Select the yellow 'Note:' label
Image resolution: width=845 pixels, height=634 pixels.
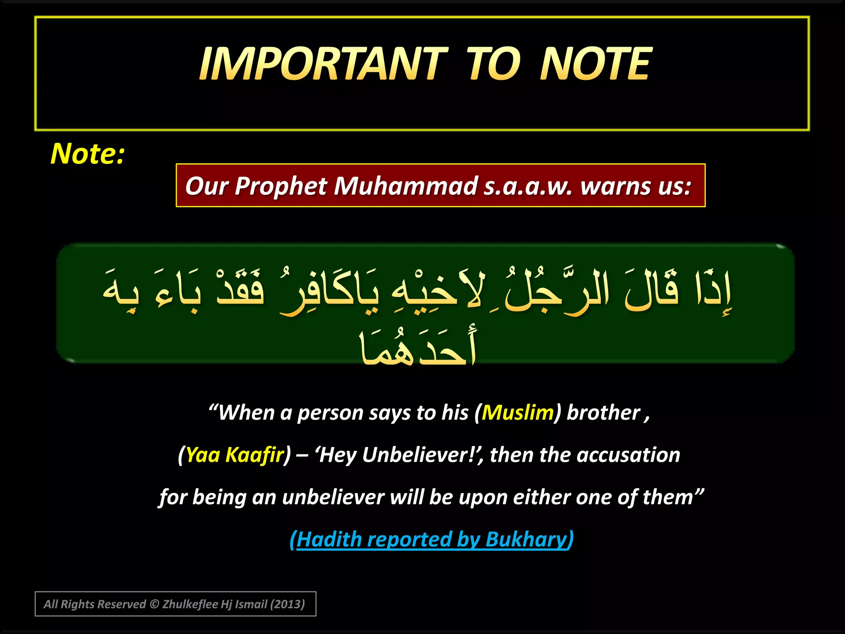[x=87, y=154]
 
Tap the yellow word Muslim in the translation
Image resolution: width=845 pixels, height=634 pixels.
[x=517, y=412]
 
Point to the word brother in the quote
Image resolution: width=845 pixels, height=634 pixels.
[x=603, y=412]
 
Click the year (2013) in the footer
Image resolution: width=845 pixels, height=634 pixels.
[x=287, y=604]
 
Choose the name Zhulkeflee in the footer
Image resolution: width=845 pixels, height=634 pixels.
[x=190, y=604]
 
